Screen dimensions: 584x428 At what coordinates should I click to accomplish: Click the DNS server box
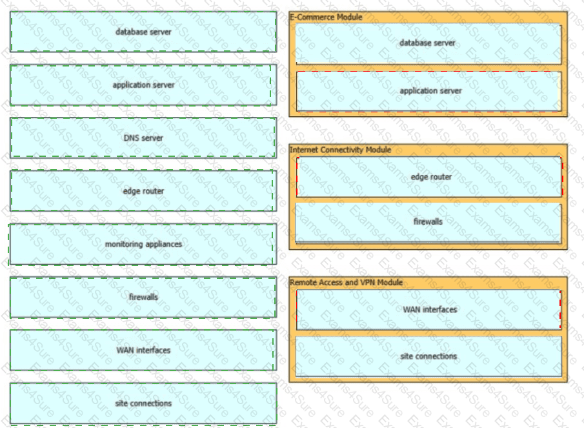[x=143, y=138]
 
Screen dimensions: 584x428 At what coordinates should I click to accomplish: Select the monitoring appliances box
[x=143, y=245]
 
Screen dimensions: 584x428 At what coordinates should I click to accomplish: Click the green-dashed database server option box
[x=143, y=32]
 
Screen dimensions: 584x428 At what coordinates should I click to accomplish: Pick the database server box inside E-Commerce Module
[x=428, y=43]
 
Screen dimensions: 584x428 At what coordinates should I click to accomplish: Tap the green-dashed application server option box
[x=143, y=85]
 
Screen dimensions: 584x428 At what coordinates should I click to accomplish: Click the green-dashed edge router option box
[x=143, y=190]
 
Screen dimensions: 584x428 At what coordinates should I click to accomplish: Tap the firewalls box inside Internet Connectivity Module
[x=428, y=223]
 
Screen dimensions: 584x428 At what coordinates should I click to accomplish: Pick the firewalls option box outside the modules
[x=143, y=297]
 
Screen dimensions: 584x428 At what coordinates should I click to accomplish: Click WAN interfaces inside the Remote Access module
[x=428, y=310]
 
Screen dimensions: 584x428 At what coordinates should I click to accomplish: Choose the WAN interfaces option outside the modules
[x=143, y=350]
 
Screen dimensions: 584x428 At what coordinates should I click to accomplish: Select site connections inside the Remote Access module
[x=428, y=356]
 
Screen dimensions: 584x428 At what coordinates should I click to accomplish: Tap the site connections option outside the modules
[x=143, y=403]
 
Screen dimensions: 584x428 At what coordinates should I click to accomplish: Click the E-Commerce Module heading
[x=326, y=17]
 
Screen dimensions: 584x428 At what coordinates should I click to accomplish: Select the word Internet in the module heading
[x=304, y=150]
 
